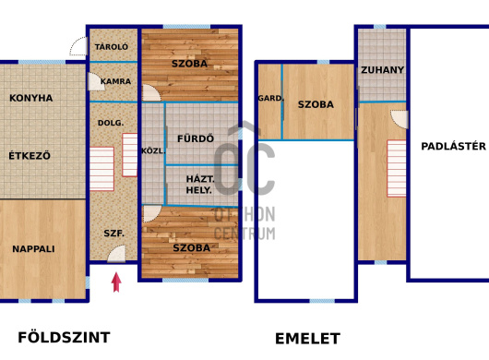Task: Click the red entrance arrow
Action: tap(116, 282)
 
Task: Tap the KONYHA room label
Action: tap(31, 98)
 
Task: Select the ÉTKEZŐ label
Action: tap(30, 155)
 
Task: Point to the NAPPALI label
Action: tap(33, 248)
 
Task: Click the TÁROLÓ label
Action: tap(112, 47)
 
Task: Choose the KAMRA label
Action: tap(115, 81)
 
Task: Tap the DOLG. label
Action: tap(111, 123)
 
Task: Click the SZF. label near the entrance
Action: tap(114, 233)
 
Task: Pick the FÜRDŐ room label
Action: tap(196, 138)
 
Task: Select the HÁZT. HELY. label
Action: tap(200, 185)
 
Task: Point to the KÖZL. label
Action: tap(153, 151)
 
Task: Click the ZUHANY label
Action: tap(382, 70)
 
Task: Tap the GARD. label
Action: tap(271, 98)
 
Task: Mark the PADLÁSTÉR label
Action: tap(453, 146)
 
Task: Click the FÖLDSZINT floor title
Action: tap(64, 338)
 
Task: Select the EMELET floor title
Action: tap(307, 339)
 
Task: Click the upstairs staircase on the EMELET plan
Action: tap(397, 168)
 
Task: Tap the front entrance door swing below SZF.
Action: tap(116, 254)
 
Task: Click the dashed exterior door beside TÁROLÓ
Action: tap(78, 46)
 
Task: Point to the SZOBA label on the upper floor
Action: tap(316, 104)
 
